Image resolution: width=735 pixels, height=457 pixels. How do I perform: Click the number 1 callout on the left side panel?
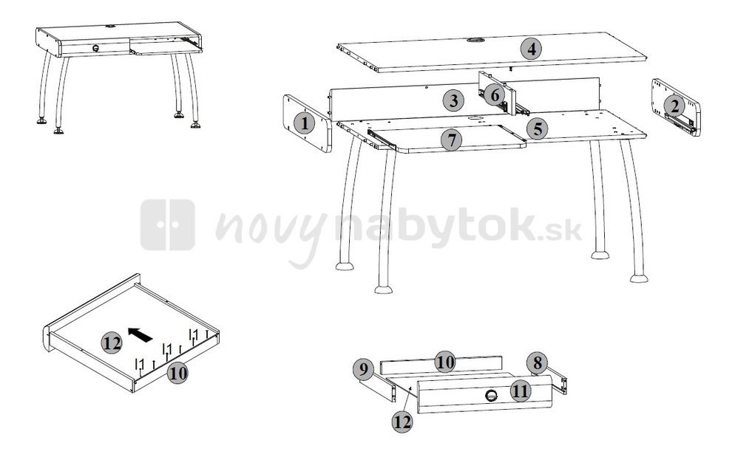click(305, 123)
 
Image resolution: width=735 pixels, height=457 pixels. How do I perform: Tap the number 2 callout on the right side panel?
click(674, 106)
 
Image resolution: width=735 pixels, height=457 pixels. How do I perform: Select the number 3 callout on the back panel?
click(453, 100)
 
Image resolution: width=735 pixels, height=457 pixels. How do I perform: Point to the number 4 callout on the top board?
click(531, 49)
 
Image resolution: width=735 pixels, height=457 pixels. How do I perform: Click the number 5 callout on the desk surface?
click(537, 128)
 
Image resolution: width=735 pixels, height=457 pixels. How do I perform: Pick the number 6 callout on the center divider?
click(495, 95)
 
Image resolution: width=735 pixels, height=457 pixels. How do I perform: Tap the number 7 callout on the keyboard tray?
click(451, 140)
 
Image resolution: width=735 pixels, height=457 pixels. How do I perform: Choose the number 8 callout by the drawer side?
click(537, 363)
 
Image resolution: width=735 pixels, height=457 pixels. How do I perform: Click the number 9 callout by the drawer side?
click(364, 369)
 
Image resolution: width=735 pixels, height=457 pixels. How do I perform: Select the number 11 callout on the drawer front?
click(521, 391)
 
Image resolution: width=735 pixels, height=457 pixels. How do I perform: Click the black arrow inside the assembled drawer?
click(140, 334)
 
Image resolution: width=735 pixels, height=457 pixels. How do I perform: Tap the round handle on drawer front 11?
click(491, 395)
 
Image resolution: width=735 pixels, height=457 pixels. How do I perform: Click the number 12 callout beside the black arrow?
click(112, 343)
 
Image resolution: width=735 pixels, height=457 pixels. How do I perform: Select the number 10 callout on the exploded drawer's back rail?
click(444, 362)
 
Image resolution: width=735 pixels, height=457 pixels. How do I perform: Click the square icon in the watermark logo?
click(167, 224)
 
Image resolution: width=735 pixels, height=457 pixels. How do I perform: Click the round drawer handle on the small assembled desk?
click(95, 48)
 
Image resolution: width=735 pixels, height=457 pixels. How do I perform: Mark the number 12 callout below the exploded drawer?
click(402, 422)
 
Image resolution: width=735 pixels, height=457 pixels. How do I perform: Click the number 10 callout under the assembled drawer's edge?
click(177, 373)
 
